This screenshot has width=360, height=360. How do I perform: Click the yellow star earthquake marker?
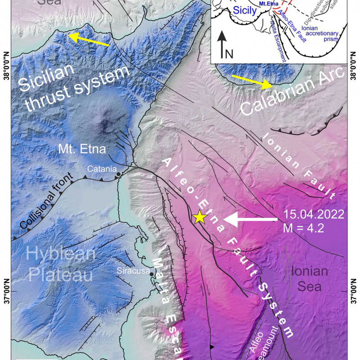(199, 218)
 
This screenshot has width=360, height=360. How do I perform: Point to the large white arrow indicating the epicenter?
(250, 219)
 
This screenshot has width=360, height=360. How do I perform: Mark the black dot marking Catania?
(118, 174)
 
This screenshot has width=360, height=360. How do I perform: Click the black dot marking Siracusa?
(152, 274)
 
